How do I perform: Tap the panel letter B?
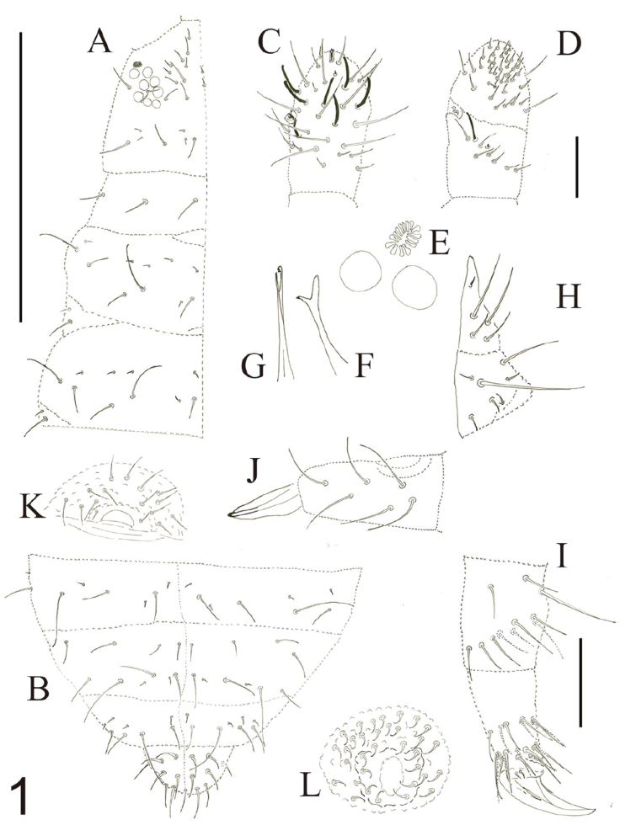point(37,689)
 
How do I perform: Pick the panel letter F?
point(362,366)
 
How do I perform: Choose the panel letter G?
point(254,367)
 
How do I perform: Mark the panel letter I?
point(561,557)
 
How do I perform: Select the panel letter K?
point(33,508)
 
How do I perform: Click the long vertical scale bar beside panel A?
point(20,176)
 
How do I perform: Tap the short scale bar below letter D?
point(577,167)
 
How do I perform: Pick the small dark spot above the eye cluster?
point(138,65)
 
